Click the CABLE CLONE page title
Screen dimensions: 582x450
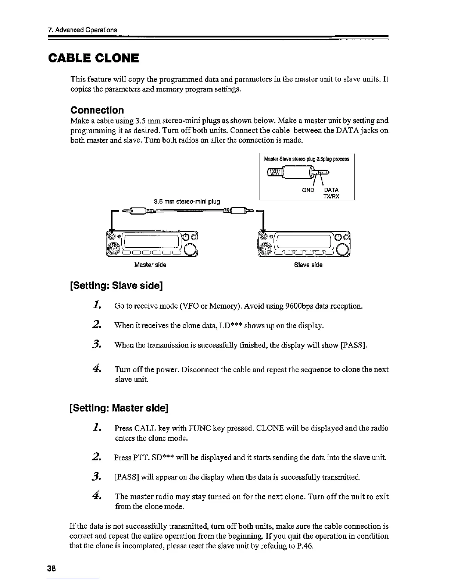tap(94, 58)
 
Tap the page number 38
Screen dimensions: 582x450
tap(51, 567)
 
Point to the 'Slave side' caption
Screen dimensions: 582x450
tap(308, 265)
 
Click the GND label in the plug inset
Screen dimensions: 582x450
tap(308, 190)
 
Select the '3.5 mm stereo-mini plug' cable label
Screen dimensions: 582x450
tap(187, 201)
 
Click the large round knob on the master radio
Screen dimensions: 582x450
tap(190, 250)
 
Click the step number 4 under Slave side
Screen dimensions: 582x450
tap(97, 369)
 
